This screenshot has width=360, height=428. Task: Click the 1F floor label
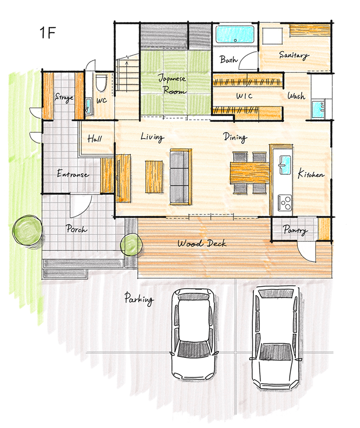[x=48, y=33]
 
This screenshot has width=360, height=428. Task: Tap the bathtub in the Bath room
[x=235, y=34]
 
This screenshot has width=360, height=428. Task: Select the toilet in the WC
[x=101, y=83]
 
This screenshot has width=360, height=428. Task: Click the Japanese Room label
[x=173, y=84]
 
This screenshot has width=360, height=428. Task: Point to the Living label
[x=153, y=137]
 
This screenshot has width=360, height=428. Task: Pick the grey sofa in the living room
[x=180, y=177]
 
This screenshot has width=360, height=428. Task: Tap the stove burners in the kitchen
[x=285, y=202]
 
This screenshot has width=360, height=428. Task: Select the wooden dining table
[x=250, y=173]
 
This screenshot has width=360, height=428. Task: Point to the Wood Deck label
[x=202, y=243]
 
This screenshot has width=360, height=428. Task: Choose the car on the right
[x=276, y=338]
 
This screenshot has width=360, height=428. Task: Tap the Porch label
[x=76, y=229]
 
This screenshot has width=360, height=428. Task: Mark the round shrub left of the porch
[x=27, y=230]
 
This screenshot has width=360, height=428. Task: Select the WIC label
[x=244, y=96]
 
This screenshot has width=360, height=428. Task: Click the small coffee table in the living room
[x=154, y=176]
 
